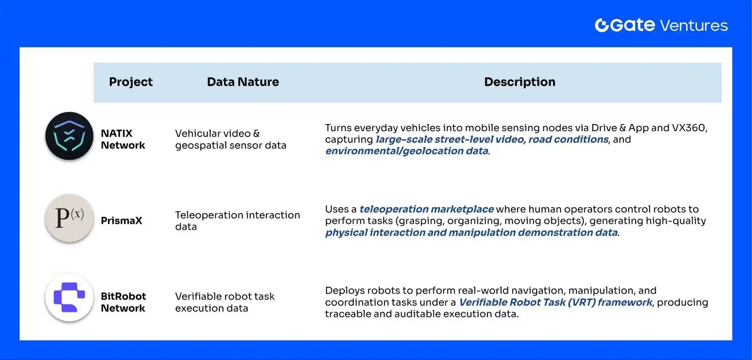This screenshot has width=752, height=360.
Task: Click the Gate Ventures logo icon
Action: [602, 25]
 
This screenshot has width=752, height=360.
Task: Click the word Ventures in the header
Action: [694, 26]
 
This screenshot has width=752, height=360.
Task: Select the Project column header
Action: [131, 82]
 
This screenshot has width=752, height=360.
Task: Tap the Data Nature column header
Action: [243, 82]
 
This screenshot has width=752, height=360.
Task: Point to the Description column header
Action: [520, 82]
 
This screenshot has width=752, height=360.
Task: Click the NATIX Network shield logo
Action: [69, 136]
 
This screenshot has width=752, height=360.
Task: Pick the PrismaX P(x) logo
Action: [69, 218]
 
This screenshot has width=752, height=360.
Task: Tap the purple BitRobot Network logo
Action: [69, 297]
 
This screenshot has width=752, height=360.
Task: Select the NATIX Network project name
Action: [123, 139]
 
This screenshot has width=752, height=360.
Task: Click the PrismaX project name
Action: [122, 221]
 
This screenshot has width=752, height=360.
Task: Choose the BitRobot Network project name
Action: [123, 302]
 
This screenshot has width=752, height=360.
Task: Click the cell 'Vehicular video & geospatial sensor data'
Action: [231, 139]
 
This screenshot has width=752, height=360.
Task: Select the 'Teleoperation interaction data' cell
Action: [238, 221]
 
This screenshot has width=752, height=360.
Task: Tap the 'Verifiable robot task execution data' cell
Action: [225, 302]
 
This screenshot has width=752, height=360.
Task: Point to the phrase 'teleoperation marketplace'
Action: [426, 209]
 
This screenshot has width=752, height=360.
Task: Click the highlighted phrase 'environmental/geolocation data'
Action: [407, 151]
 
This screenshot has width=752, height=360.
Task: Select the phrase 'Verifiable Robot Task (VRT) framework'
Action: [556, 302]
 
